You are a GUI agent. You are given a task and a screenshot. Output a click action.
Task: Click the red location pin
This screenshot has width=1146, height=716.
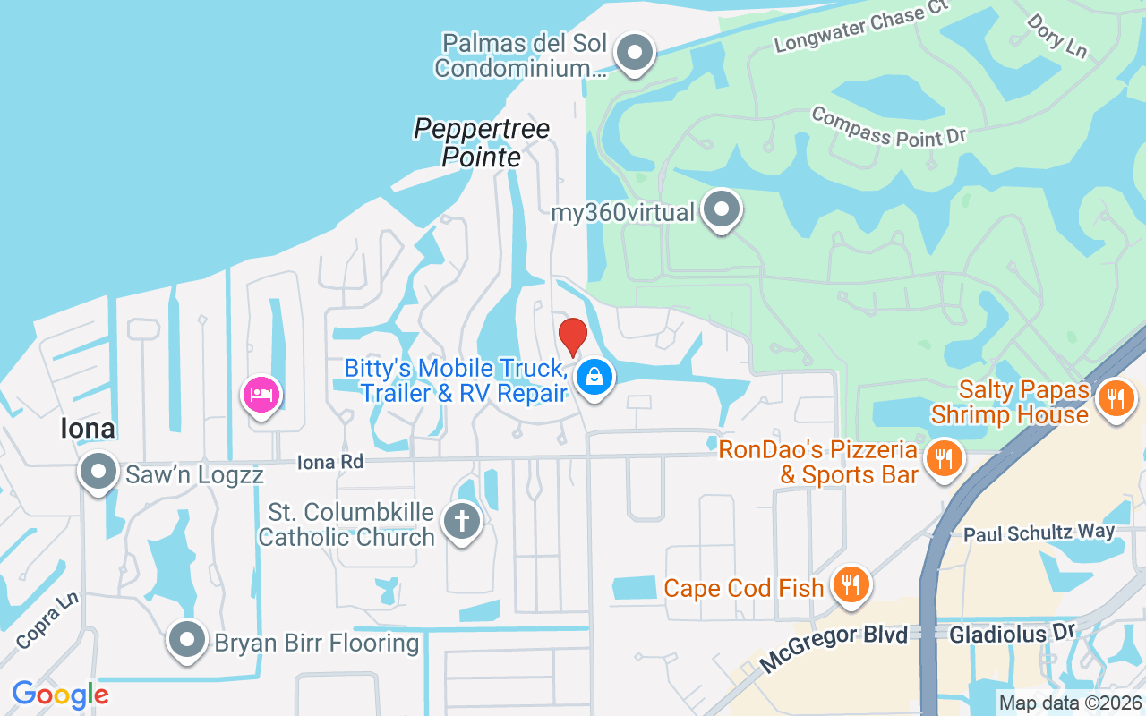coord(573,337)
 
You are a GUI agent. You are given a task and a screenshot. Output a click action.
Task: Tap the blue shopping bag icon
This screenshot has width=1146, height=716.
coord(594,377)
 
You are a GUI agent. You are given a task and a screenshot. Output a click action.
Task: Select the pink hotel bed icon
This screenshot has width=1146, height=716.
coord(261,394)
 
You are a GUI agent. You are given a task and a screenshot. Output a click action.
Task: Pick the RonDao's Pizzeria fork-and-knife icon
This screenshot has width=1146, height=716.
coord(943,459)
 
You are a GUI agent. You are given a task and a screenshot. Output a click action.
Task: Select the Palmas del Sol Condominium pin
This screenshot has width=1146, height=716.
coord(636,52)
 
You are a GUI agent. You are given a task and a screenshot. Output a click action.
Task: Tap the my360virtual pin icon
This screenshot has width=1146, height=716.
coord(722,209)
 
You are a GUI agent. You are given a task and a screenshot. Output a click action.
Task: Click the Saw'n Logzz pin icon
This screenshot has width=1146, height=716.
coord(98,471)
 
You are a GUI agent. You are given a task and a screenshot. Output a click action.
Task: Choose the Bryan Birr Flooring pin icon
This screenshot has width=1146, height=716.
coord(187,640)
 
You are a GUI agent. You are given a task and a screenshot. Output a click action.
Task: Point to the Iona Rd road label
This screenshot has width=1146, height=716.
coord(330,462)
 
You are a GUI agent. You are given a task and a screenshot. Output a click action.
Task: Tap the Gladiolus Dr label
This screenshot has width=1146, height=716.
coord(1011,635)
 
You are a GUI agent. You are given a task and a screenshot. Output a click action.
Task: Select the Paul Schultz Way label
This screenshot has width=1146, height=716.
coord(1039,533)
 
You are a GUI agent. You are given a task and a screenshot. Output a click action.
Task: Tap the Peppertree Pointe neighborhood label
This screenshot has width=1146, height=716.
coord(482,142)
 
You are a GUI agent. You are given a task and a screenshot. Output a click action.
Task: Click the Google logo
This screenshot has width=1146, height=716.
coord(60,695)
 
